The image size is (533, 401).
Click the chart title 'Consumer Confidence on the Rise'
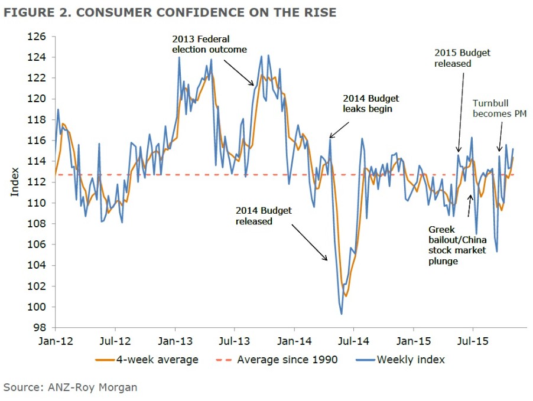click(x=170, y=12)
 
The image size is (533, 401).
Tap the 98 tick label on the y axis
click(x=41, y=327)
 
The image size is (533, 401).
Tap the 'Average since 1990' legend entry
click(x=278, y=359)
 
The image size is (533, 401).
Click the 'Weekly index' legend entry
click(x=402, y=359)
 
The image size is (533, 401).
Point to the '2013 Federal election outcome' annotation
click(x=209, y=44)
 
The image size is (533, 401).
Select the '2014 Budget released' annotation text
click(x=264, y=216)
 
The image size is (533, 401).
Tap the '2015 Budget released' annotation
click(x=462, y=58)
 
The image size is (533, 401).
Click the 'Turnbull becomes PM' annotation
click(x=499, y=108)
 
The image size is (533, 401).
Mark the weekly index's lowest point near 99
click(x=342, y=314)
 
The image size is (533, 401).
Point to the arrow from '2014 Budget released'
click(x=308, y=243)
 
